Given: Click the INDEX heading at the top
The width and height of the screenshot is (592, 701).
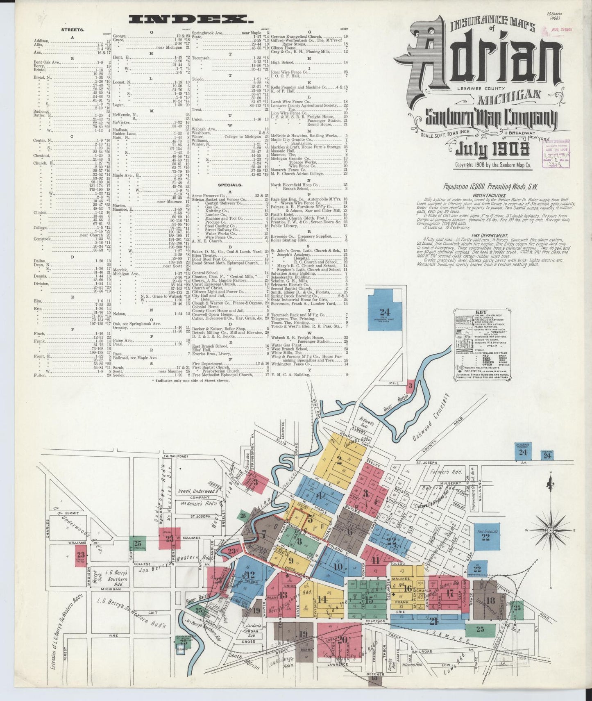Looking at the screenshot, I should [x=190, y=18].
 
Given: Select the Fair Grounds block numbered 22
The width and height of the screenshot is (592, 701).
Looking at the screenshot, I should [x=485, y=535].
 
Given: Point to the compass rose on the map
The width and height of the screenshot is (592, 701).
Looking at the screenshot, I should [x=552, y=530].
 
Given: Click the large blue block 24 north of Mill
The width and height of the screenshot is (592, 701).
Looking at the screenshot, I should [x=384, y=312].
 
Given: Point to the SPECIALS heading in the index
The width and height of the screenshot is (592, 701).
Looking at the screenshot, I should [x=231, y=185].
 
